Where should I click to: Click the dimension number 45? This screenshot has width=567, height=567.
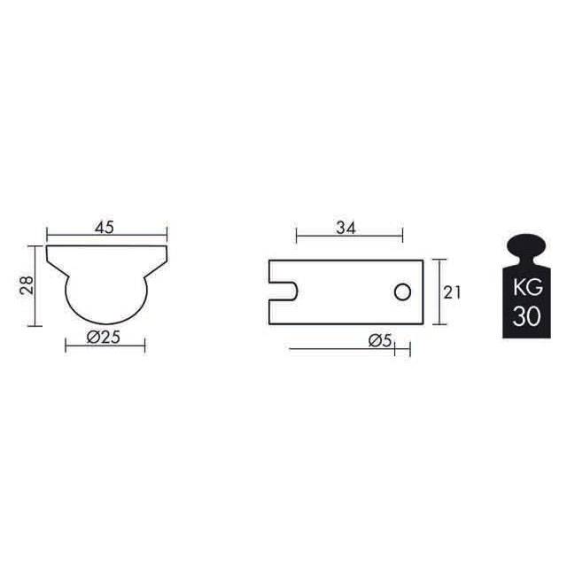(105, 228)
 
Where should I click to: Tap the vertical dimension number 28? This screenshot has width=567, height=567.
(27, 285)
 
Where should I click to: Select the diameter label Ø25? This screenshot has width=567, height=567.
(104, 338)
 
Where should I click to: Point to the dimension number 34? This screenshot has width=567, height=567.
(346, 229)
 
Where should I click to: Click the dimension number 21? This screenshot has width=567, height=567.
(452, 292)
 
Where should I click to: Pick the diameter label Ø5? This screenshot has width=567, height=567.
(380, 340)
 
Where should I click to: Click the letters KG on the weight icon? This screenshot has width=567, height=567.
(528, 288)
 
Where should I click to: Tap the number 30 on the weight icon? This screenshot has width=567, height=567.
(526, 316)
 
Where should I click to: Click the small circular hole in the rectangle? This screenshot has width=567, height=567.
(402, 292)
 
